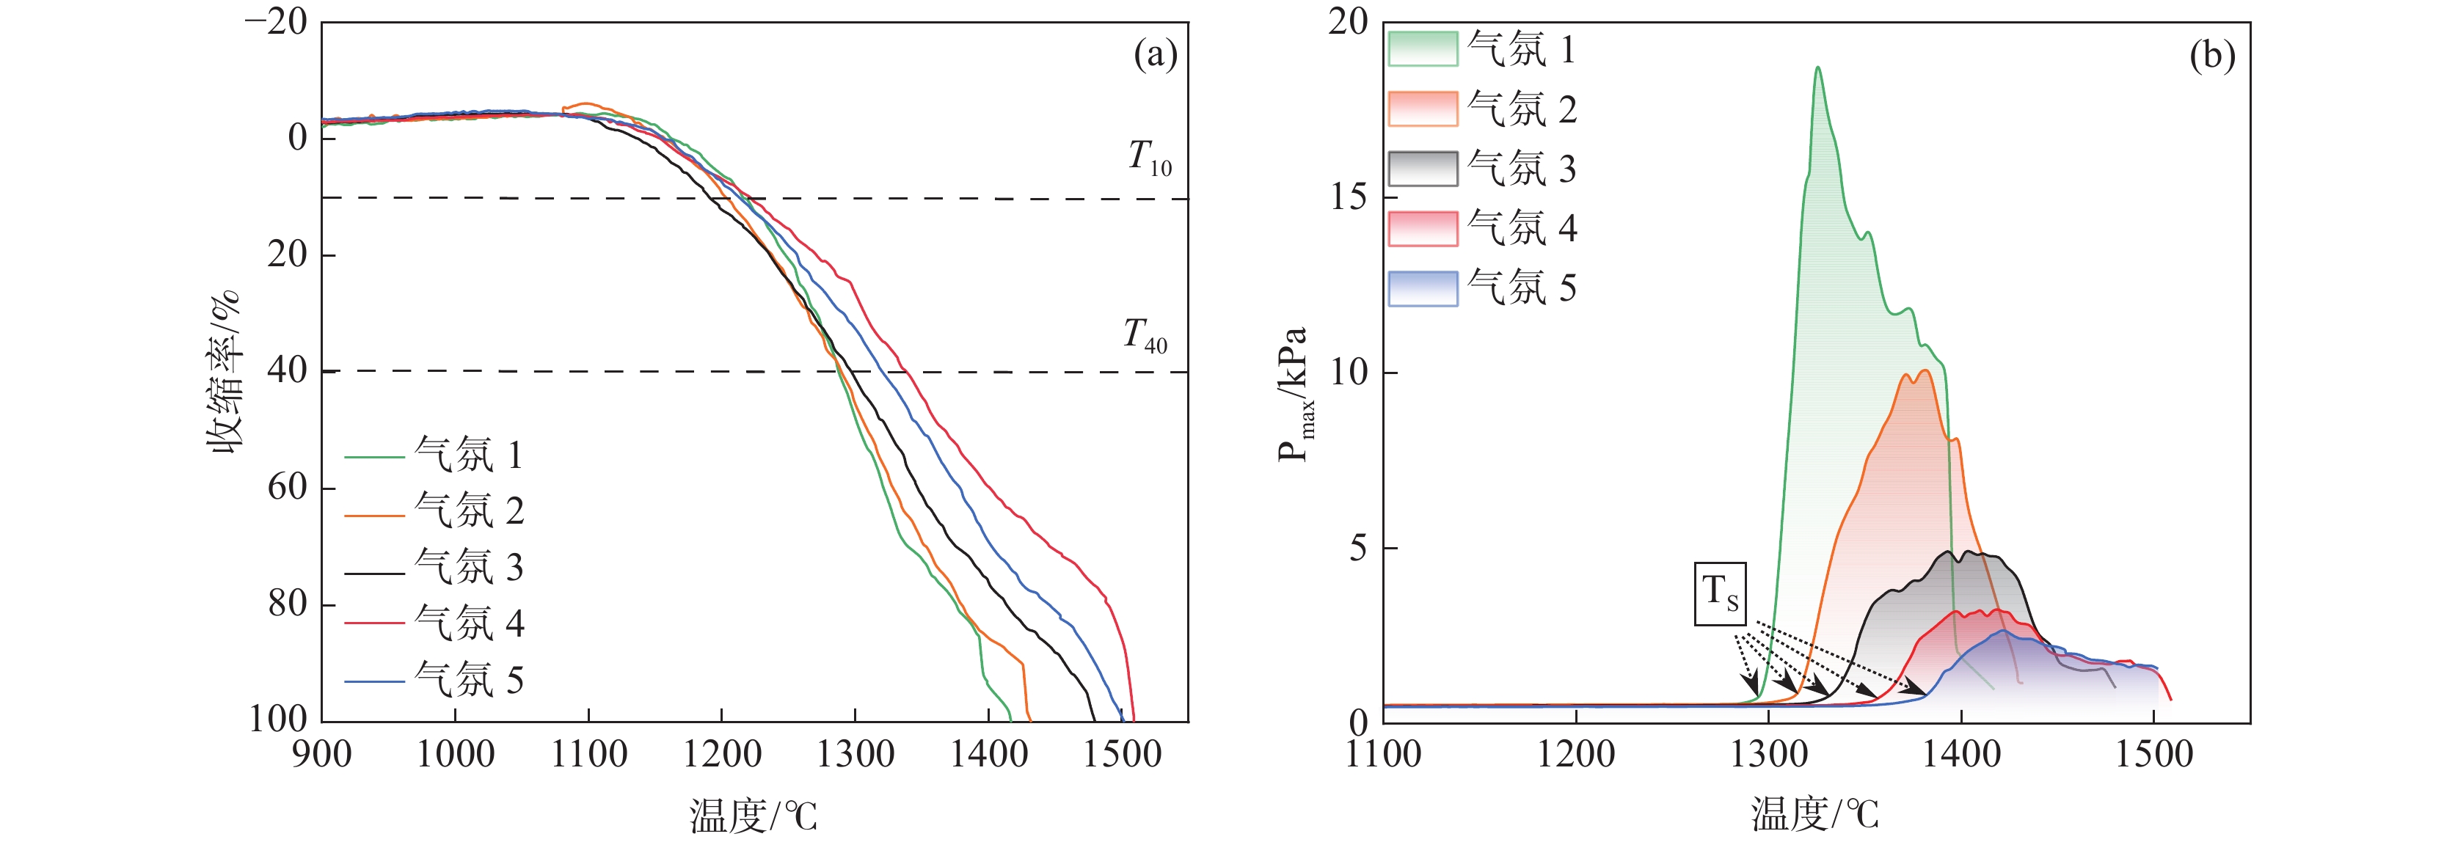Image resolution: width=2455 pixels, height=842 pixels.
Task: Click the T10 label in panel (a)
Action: tap(1149, 157)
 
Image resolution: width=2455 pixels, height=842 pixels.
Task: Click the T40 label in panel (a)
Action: tap(1145, 335)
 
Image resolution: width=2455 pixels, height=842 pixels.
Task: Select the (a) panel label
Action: tap(1155, 55)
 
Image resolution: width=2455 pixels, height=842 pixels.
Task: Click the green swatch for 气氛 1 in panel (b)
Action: tap(1423, 48)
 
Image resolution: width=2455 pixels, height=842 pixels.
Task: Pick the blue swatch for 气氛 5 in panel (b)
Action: tap(1423, 288)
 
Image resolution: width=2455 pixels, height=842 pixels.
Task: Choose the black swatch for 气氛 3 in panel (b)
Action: tap(1423, 169)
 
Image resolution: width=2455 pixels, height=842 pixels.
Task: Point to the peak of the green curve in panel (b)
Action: tap(1817, 67)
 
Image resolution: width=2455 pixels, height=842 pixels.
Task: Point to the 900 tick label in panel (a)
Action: tap(321, 755)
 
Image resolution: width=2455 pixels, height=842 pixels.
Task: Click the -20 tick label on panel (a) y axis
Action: tap(277, 22)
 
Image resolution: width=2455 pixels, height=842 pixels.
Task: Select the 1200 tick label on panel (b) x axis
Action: tap(1575, 755)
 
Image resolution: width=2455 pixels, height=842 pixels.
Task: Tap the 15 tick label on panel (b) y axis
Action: tap(1349, 197)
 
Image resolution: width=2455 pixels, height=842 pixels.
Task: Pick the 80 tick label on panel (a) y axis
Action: tap(287, 604)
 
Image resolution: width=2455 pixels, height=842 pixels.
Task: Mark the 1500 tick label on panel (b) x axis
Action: tap(2154, 755)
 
